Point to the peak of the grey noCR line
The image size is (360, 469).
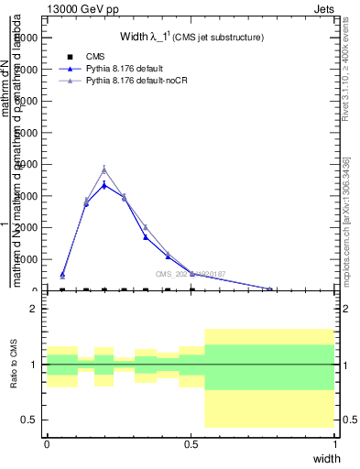click(104, 169)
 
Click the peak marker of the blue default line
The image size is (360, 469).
click(104, 185)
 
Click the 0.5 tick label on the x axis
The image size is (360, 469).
click(191, 442)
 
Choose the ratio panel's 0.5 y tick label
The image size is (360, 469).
click(30, 420)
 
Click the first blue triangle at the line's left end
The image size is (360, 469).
click(62, 274)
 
